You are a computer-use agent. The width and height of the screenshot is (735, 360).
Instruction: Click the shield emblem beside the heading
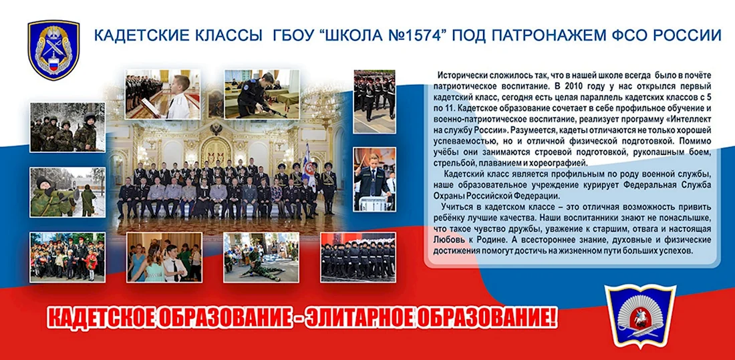point(53,49)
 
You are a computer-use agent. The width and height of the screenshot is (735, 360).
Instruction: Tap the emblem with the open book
point(640,315)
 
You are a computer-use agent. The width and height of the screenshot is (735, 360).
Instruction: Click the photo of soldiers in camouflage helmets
point(67,127)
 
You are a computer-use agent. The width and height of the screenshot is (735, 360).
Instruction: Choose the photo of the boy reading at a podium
point(162,94)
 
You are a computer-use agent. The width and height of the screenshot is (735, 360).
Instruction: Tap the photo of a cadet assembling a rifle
point(261,94)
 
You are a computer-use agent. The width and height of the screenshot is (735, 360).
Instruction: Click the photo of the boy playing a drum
point(375,179)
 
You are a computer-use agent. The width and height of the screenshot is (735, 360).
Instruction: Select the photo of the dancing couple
point(164,257)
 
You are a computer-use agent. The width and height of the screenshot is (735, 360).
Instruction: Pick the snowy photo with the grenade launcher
point(67,192)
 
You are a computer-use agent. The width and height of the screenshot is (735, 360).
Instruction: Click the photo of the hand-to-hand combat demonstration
point(261,257)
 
